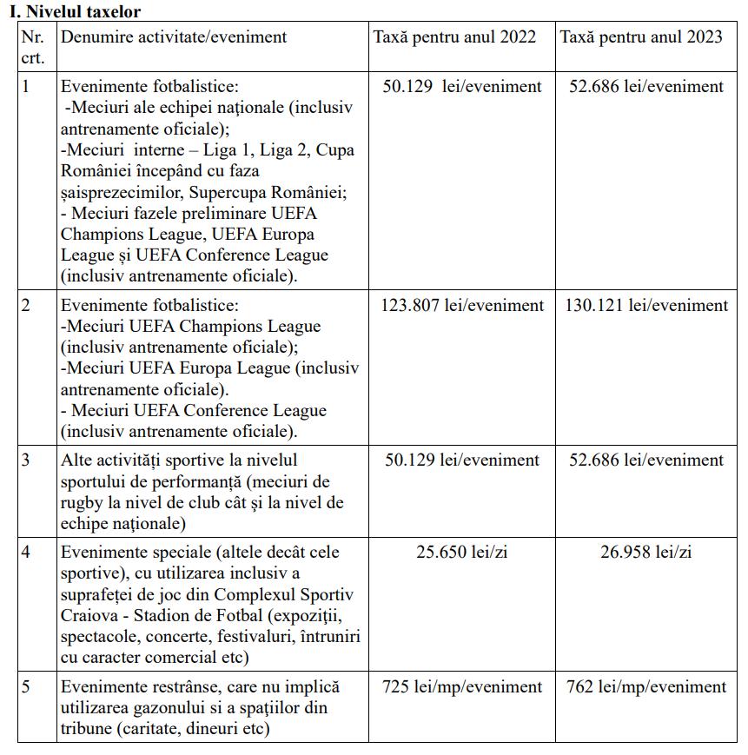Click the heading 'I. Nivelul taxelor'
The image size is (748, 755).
tap(75, 11)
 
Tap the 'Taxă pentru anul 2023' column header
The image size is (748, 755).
tap(645, 37)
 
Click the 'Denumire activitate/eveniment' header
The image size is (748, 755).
tap(174, 37)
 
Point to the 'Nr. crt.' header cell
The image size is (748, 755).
tap(33, 48)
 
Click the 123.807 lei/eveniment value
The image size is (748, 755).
tap(462, 305)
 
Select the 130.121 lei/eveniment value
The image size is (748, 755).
tap(647, 305)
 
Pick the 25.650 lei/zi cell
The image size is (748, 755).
tap(461, 552)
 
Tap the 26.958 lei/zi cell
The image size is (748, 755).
tap(646, 552)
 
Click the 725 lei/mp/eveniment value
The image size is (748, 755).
tap(462, 687)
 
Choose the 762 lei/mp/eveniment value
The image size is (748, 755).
tap(646, 687)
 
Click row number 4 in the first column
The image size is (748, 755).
tap(27, 552)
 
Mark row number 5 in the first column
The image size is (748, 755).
tap(27, 687)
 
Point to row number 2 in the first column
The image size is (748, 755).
tap(27, 305)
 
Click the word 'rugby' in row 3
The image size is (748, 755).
tap(84, 503)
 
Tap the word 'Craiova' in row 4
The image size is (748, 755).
tap(89, 615)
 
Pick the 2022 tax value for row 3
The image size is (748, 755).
tap(462, 460)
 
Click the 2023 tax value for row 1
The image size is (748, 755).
tap(646, 87)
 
